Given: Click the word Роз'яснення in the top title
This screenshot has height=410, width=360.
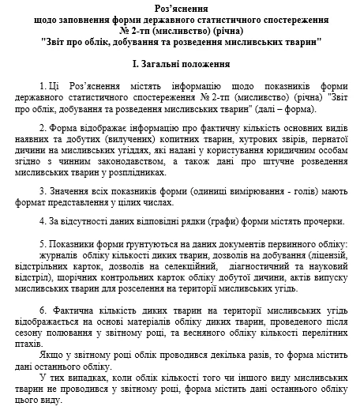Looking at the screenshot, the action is [180, 6].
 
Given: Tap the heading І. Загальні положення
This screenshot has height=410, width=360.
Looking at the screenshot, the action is [179, 62].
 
